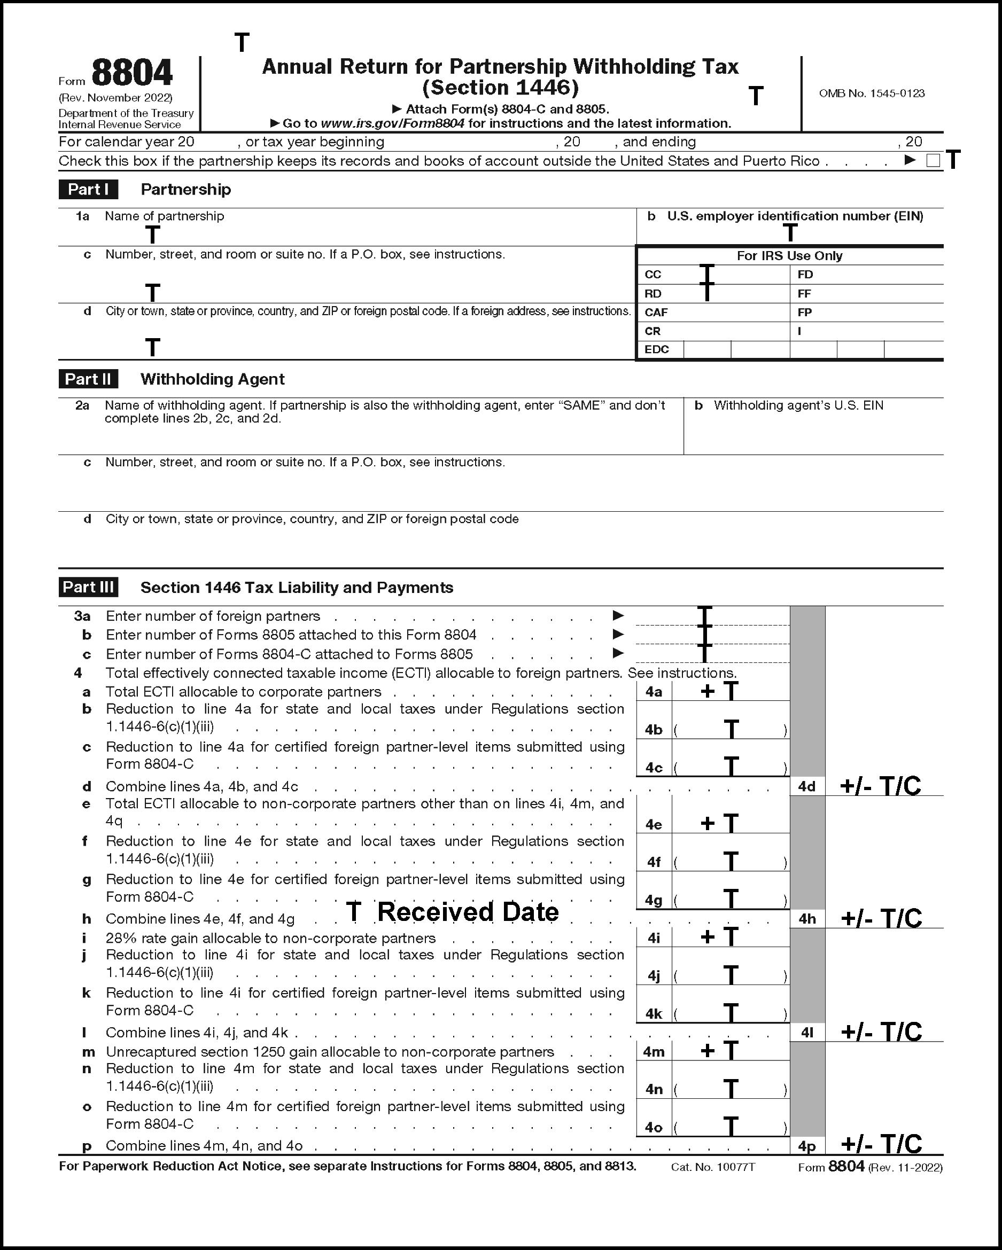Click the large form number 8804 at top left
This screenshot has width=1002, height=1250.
click(131, 74)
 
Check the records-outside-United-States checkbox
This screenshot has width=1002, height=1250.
click(933, 161)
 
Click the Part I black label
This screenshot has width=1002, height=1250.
click(88, 190)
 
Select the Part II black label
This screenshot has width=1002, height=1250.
click(88, 379)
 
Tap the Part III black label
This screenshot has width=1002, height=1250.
click(88, 587)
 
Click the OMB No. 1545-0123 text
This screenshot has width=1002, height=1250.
click(872, 93)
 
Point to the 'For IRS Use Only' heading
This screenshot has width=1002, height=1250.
click(789, 256)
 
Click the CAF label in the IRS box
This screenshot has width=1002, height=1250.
click(656, 312)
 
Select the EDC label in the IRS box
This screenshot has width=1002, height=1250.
click(656, 349)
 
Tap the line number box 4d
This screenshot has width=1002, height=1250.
click(806, 787)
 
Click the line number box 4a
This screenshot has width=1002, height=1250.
click(654, 692)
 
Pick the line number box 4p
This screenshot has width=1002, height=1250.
click(806, 1146)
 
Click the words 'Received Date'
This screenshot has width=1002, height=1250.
click(468, 912)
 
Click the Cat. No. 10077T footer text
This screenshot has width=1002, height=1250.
click(713, 1167)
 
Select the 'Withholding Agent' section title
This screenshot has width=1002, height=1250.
click(212, 379)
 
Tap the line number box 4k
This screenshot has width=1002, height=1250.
click(654, 1014)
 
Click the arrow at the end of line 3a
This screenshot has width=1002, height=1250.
click(618, 615)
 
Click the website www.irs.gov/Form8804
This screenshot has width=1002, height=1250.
click(392, 123)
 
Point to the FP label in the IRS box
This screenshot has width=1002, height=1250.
click(804, 312)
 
